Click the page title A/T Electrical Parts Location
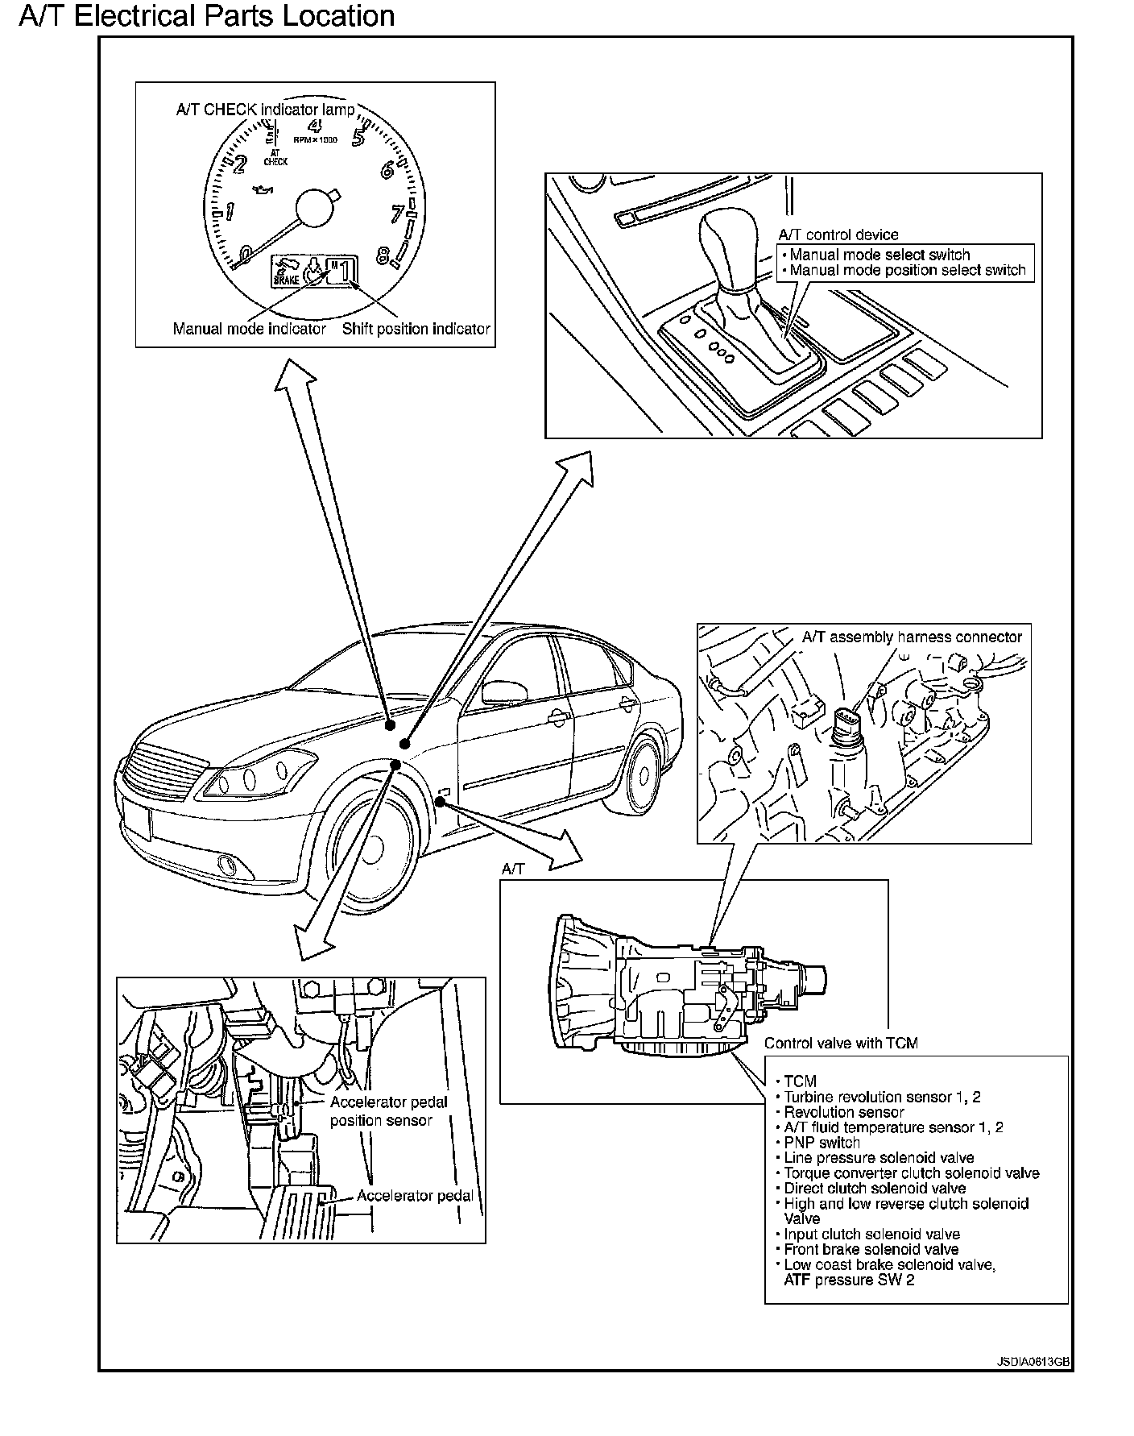coord(207,16)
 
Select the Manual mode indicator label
coord(250,329)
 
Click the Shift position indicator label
coord(416,329)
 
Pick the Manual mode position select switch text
coord(908,271)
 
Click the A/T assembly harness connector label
coord(912,637)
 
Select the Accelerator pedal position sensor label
coord(388,1111)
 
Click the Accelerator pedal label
coord(415,1196)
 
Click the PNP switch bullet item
coord(822,1143)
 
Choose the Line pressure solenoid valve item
coord(879,1158)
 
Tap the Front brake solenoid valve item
coord(871,1250)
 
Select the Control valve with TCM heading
coord(841,1043)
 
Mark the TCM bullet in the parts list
coord(800,1081)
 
